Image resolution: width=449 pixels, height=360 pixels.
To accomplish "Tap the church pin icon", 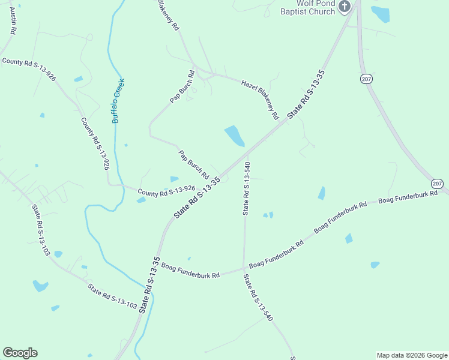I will tap(345, 7).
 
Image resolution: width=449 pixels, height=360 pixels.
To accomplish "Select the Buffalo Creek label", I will tap(118, 101).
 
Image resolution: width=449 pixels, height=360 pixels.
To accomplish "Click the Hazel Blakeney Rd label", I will tap(261, 98).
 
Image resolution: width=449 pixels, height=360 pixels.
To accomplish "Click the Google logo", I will tap(20, 353).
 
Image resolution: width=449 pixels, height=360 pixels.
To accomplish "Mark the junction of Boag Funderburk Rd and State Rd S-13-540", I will tap(244, 267).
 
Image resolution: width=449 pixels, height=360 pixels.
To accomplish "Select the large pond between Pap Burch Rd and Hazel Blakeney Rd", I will tap(234, 136).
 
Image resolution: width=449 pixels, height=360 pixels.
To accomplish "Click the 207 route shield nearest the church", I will tap(367, 79).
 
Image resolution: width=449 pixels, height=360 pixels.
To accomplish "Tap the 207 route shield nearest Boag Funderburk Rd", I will tap(437, 184).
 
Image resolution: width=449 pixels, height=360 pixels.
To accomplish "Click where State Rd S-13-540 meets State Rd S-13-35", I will tap(248, 152).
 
